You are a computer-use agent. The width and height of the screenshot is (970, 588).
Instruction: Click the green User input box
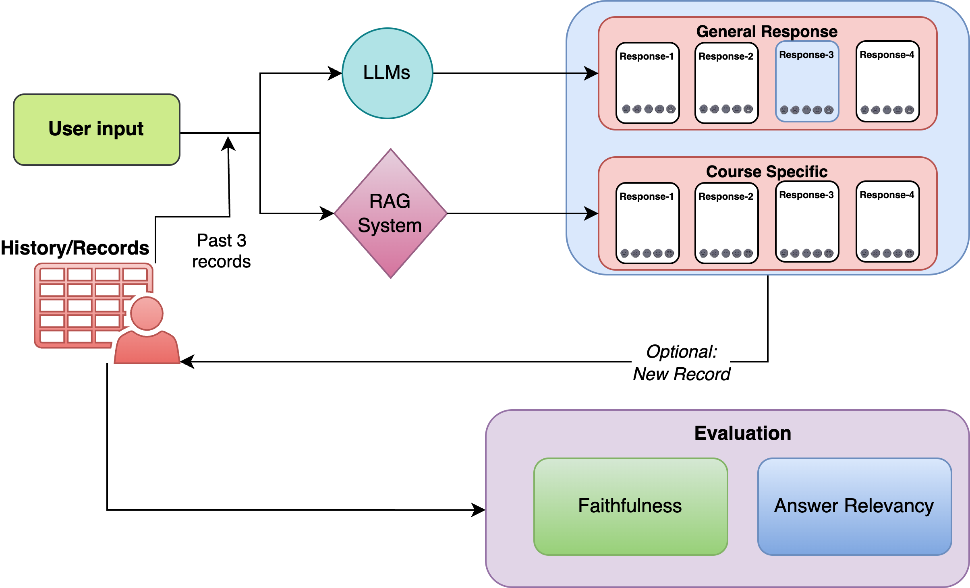point(97,129)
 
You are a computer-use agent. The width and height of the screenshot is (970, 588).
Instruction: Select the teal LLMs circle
point(388,73)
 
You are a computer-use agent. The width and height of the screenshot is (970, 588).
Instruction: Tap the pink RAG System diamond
point(390,213)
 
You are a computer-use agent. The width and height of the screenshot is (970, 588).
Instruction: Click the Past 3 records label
point(221,251)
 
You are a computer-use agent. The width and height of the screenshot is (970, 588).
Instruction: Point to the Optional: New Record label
point(681,363)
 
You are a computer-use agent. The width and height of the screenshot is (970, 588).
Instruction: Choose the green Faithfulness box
point(630,506)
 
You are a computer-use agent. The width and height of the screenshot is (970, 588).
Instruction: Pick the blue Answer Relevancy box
point(854,506)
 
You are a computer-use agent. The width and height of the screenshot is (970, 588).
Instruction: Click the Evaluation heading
point(742,433)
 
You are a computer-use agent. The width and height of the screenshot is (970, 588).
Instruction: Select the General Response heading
point(767,31)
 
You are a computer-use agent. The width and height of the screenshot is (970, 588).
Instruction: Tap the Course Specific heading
point(767,172)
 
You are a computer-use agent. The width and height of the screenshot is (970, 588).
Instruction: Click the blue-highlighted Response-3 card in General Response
point(807,81)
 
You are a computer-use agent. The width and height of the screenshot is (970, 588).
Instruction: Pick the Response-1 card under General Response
point(647,83)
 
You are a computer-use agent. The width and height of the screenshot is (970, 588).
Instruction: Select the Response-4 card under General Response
point(887,81)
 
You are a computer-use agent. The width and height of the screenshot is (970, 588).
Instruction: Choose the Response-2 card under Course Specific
point(726,223)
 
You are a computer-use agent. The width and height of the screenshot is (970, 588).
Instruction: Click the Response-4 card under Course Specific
point(887,222)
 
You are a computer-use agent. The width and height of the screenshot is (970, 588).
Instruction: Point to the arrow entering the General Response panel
point(584,73)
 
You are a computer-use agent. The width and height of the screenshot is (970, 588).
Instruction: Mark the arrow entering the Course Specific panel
point(584,213)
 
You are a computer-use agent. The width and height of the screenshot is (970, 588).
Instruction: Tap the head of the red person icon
point(147,313)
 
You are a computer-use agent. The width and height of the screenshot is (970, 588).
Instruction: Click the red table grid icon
point(81,305)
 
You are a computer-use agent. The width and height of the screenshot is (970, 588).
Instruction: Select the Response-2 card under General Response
point(726,83)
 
